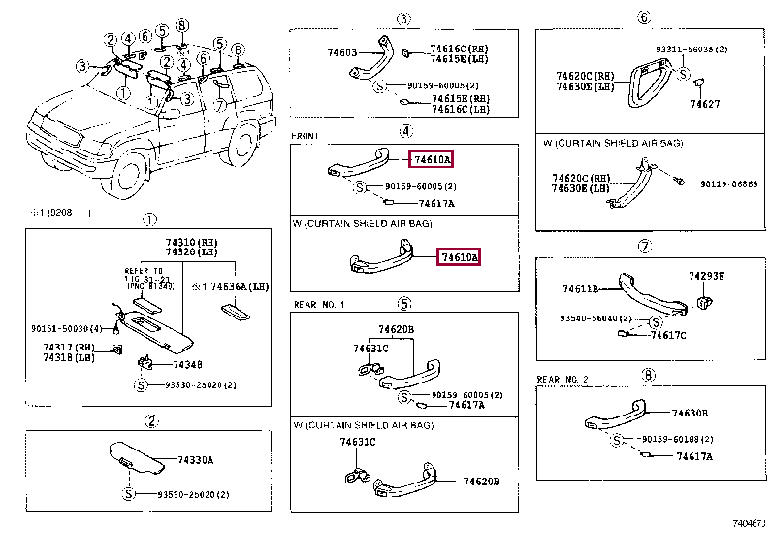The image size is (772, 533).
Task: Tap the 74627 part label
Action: (x=705, y=103)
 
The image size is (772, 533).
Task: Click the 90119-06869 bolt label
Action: (x=729, y=183)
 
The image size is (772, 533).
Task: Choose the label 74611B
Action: (x=581, y=288)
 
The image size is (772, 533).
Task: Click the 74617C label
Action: (x=668, y=336)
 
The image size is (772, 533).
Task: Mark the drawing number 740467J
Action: (x=750, y=522)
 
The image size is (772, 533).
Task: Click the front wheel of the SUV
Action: (x=126, y=175)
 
